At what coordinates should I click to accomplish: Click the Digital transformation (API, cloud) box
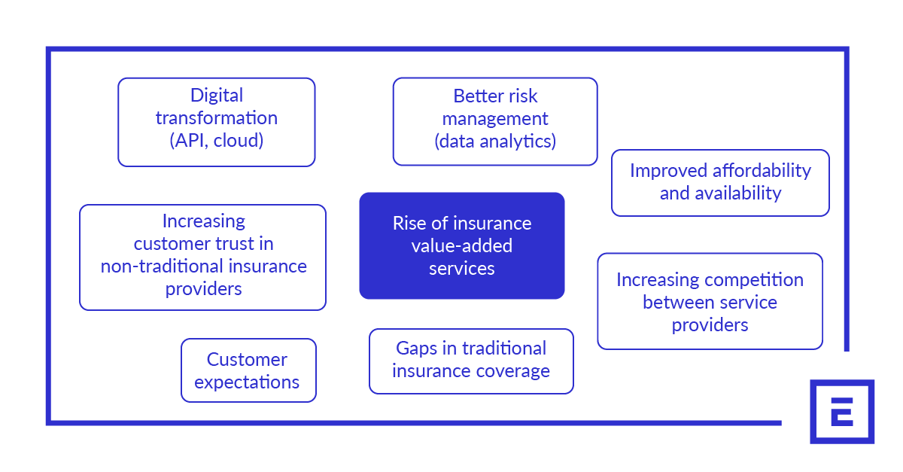click(x=217, y=122)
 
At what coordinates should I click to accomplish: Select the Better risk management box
click(x=495, y=121)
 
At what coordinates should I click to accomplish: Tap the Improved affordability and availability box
click(x=720, y=183)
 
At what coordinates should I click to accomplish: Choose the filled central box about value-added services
click(x=462, y=245)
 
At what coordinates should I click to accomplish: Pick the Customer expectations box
click(x=248, y=370)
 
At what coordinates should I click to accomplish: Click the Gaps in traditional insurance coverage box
click(x=471, y=361)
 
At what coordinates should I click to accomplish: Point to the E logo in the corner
click(x=842, y=412)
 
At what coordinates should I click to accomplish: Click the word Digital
click(x=217, y=96)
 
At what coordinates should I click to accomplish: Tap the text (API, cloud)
click(x=217, y=141)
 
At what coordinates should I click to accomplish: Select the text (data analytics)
click(x=495, y=142)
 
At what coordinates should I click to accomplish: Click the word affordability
click(x=762, y=171)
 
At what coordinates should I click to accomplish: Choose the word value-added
click(x=462, y=245)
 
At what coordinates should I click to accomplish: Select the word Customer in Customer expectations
click(x=247, y=359)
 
